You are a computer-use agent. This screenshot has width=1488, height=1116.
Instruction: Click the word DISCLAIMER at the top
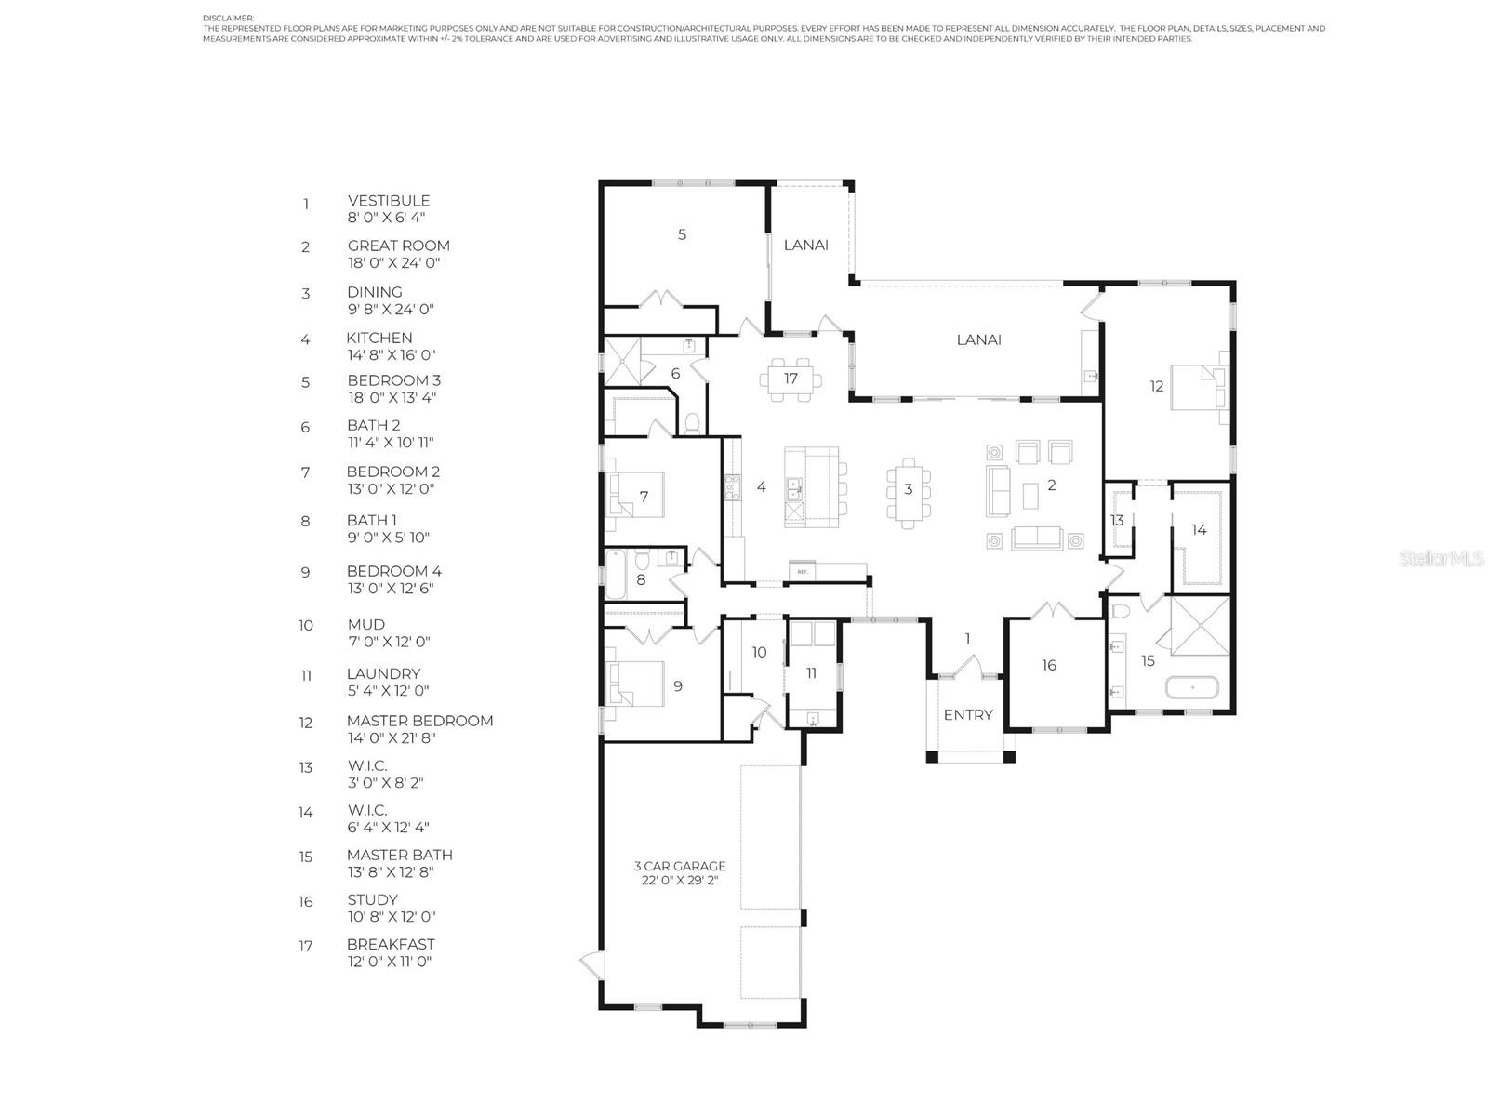pos(228,19)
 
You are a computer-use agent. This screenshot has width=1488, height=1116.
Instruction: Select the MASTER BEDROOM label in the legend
pos(419,721)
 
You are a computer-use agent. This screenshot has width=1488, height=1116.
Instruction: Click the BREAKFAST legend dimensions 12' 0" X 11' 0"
pos(389,962)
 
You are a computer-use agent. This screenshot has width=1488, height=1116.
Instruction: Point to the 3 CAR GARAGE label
pos(679,866)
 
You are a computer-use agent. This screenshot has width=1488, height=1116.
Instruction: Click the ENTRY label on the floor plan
pos(967,715)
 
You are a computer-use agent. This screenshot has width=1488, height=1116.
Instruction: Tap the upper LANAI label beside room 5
pos(805,246)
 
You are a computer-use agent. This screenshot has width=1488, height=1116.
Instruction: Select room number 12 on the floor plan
pos(1157,386)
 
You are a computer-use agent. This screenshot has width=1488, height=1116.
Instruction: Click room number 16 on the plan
pos(1049,665)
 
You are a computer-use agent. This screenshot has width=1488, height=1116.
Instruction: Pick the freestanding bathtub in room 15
pos(1191,688)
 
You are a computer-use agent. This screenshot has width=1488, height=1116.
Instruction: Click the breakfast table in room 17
pos(790,379)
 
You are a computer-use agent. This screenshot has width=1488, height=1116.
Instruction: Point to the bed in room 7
pos(636,495)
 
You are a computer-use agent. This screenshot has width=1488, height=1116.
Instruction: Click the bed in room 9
pos(636,684)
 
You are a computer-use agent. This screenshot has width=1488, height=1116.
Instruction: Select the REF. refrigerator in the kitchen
pos(802,571)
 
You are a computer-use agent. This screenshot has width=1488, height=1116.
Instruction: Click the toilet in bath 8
pos(642,560)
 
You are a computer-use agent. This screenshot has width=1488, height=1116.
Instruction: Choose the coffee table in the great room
pos(1030,496)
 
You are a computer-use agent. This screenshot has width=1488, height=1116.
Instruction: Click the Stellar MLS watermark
pos(1441,558)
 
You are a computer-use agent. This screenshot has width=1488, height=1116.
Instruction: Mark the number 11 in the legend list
pos(306,675)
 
